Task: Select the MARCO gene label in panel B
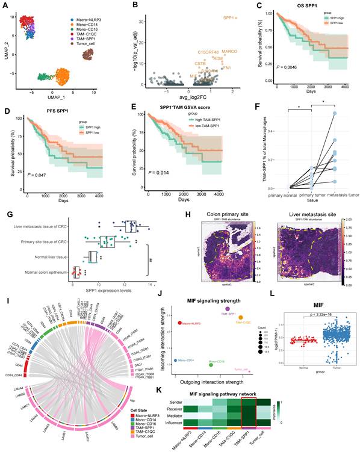coord(229,52)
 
